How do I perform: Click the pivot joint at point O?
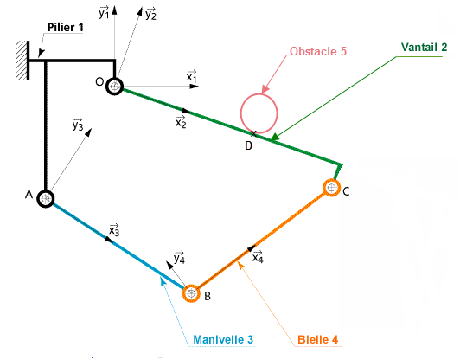click(x=114, y=87)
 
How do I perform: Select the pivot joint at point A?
click(x=46, y=199)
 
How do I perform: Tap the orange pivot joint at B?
click(x=191, y=293)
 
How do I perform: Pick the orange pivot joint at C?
click(x=331, y=187)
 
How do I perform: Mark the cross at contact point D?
click(x=253, y=134)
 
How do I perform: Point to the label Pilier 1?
click(x=66, y=28)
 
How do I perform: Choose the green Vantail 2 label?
click(x=424, y=47)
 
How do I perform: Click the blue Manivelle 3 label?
click(x=223, y=339)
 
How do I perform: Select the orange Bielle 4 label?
click(x=317, y=340)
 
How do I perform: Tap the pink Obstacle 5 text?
click(x=318, y=51)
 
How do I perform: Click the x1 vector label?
click(x=192, y=76)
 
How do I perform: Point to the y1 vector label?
click(x=104, y=12)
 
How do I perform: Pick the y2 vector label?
click(x=150, y=13)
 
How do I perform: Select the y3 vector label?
click(x=78, y=125)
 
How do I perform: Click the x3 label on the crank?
click(x=114, y=230)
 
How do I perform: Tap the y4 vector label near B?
click(x=179, y=258)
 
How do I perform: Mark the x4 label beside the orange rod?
click(x=259, y=257)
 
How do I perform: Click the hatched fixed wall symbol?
click(x=22, y=61)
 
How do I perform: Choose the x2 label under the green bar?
click(x=181, y=122)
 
